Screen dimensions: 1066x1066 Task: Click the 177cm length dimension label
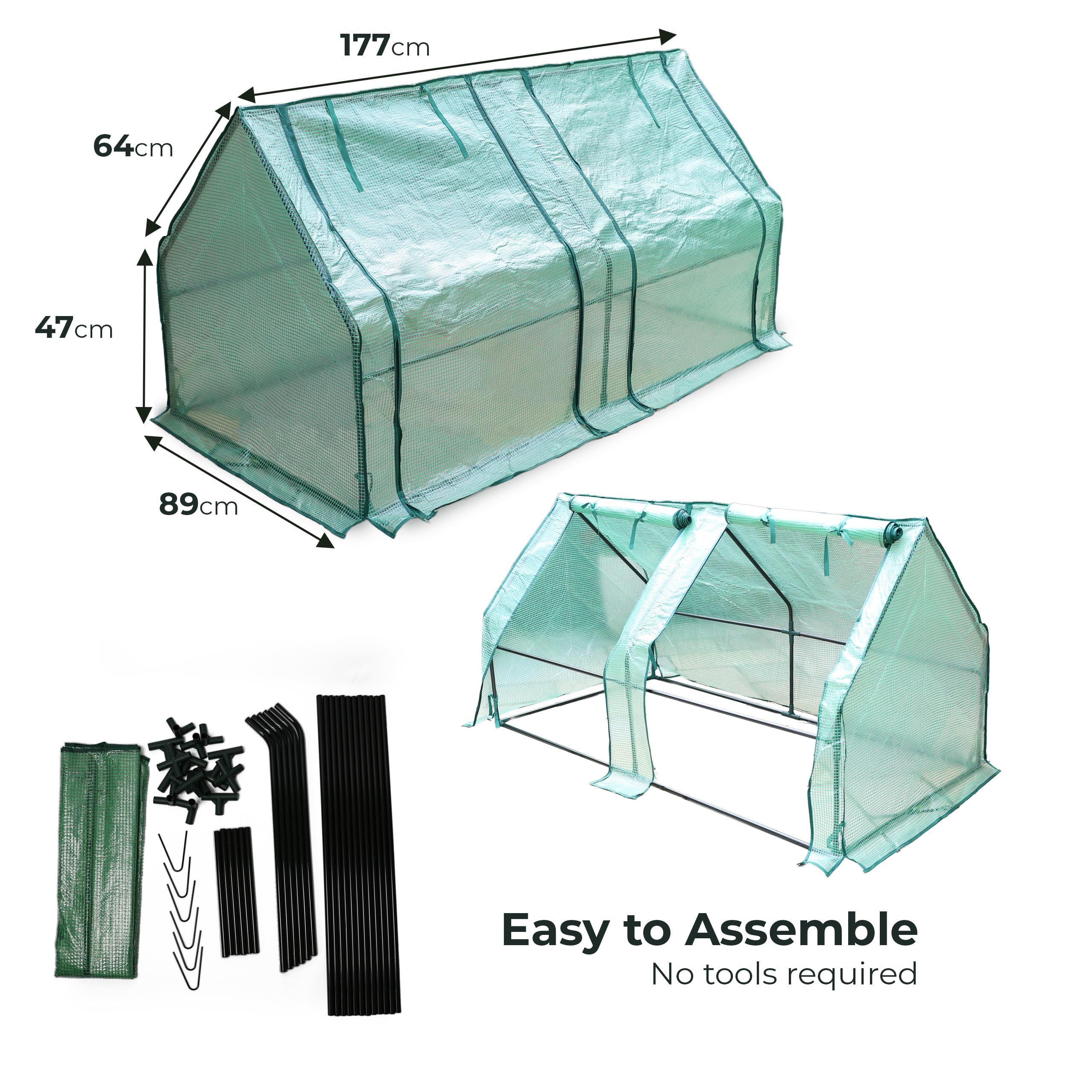click(x=384, y=45)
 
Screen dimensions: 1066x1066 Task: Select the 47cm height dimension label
click(x=74, y=328)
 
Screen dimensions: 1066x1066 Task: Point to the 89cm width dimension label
click(x=199, y=504)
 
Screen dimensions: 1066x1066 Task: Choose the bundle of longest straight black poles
click(x=357, y=864)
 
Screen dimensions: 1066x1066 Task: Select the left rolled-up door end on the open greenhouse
click(x=683, y=518)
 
